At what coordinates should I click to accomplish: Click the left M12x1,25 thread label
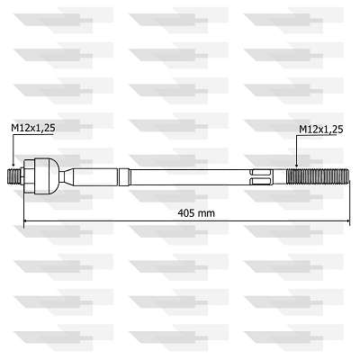coord(33,130)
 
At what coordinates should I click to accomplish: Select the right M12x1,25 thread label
coord(321,130)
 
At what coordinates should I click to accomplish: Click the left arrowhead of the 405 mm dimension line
coord(27,221)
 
